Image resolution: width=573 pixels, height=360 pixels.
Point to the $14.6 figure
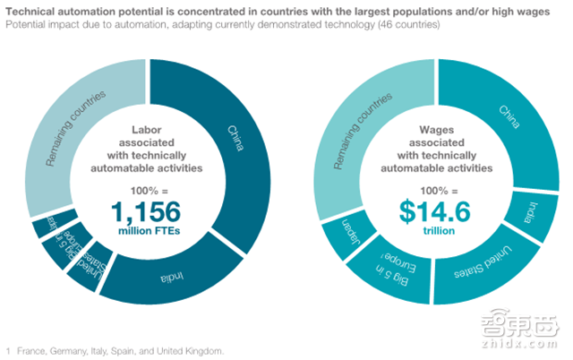(x=434, y=211)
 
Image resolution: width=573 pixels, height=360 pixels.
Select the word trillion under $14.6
(x=434, y=232)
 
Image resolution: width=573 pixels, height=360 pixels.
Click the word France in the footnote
(x=36, y=347)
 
